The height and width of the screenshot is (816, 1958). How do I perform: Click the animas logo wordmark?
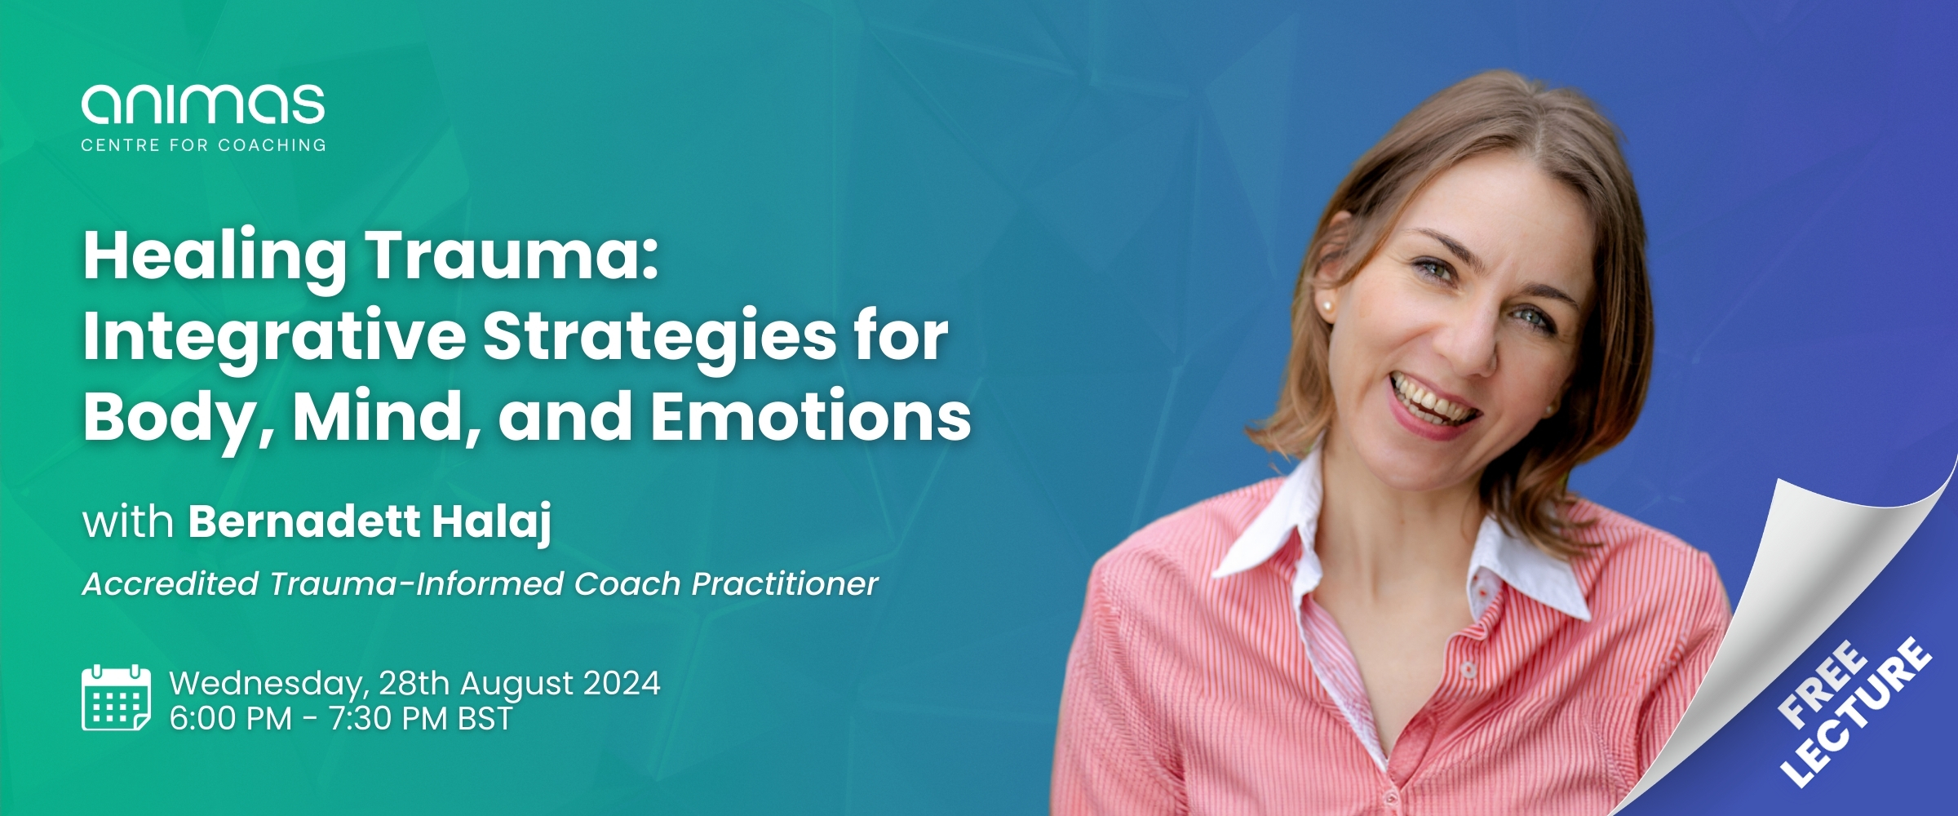coord(203,104)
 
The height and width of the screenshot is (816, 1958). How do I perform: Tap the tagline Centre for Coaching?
coord(203,145)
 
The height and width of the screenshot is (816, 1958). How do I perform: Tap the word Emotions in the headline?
coord(810,415)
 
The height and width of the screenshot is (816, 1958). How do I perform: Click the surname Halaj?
coord(492,522)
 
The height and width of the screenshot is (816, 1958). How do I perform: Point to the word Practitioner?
coord(785,583)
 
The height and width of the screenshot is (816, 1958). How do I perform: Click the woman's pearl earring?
coord(1328,307)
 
